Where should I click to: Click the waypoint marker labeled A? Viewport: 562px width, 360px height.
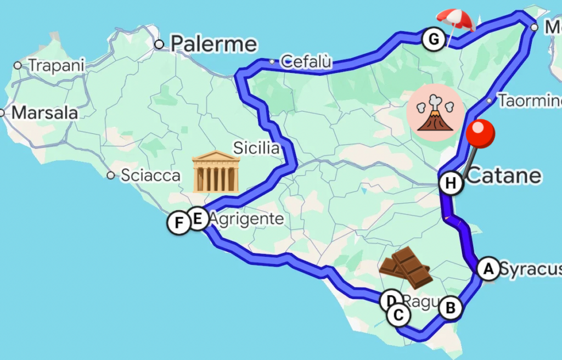pyautogui.click(x=487, y=269)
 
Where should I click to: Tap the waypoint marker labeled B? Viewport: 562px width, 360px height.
pyautogui.click(x=450, y=308)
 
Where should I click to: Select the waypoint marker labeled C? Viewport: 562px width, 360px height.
pyautogui.click(x=398, y=315)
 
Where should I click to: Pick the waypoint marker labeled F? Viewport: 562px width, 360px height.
pyautogui.click(x=178, y=223)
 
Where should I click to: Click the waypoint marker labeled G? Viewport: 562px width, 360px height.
pyautogui.click(x=434, y=40)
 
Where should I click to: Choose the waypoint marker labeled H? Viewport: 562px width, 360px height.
pyautogui.click(x=451, y=183)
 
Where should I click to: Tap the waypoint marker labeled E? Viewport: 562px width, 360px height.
pyautogui.click(x=198, y=219)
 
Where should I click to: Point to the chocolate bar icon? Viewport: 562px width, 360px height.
pyautogui.click(x=405, y=268)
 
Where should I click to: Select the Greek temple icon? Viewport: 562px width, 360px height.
pyautogui.click(x=216, y=172)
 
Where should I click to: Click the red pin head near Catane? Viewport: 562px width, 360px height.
pyautogui.click(x=480, y=133)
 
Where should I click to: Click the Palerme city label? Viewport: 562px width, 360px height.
pyautogui.click(x=213, y=43)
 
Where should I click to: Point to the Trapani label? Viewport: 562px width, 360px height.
pyautogui.click(x=57, y=65)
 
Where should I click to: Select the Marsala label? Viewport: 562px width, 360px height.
pyautogui.click(x=44, y=113)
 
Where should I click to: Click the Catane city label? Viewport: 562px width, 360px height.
pyautogui.click(x=504, y=176)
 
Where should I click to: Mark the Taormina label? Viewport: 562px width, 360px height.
pyautogui.click(x=530, y=101)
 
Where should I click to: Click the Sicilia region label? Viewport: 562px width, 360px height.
pyautogui.click(x=256, y=148)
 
